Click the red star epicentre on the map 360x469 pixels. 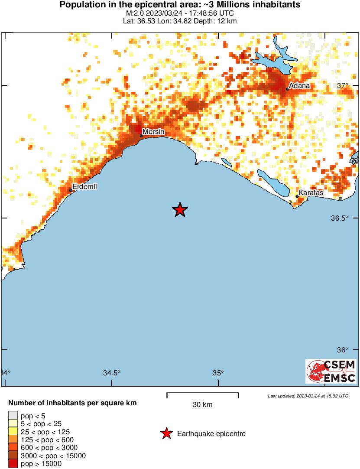pyautogui.click(x=180, y=210)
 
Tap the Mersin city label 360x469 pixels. pyautogui.click(x=153, y=131)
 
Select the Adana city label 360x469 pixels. pyautogui.click(x=299, y=85)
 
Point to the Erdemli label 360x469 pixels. pyautogui.click(x=84, y=186)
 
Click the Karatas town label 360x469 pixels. pyautogui.click(x=311, y=193)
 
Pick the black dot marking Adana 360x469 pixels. pyautogui.click(x=288, y=89)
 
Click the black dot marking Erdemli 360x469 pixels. pyautogui.click(x=71, y=190)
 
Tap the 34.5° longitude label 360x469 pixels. pyautogui.click(x=111, y=373)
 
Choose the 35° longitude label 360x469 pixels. pyautogui.click(x=218, y=373)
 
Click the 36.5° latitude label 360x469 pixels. pyautogui.click(x=340, y=218)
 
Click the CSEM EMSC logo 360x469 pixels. pyautogui.click(x=331, y=371)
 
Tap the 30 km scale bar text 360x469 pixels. pyautogui.click(x=202, y=405)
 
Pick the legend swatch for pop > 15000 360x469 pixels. pyautogui.click(x=13, y=464)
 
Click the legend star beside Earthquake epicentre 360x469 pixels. pyautogui.click(x=166, y=433)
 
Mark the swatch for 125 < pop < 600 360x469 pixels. pyautogui.click(x=13, y=440)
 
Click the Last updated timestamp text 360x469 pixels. pyautogui.click(x=308, y=396)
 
